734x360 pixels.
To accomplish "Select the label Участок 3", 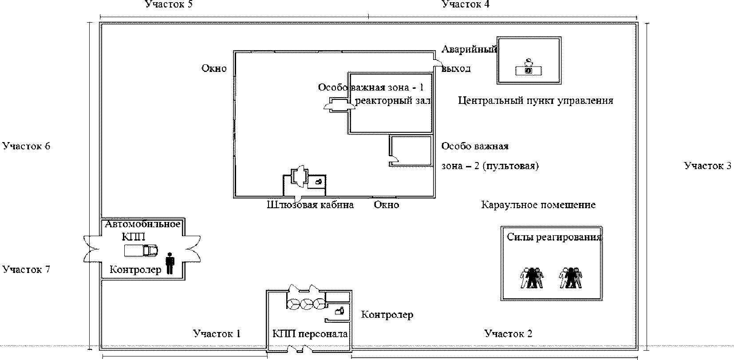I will [x=707, y=166].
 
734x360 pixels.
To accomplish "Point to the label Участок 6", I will [x=26, y=146].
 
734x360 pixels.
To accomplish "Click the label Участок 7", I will [x=26, y=269].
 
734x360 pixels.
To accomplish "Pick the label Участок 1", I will [x=217, y=333].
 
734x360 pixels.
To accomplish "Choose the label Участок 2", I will [x=508, y=333].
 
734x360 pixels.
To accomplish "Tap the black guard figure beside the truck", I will [x=170, y=264].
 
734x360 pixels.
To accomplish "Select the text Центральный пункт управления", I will [x=536, y=101].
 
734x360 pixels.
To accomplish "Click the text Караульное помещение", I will [x=538, y=205].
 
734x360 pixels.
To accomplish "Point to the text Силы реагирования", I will [x=554, y=237].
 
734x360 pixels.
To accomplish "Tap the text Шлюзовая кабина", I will [x=310, y=205].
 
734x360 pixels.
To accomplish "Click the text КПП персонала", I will [x=310, y=334].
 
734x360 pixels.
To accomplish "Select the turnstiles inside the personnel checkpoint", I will [x=306, y=304].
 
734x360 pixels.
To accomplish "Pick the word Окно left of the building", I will [x=214, y=68].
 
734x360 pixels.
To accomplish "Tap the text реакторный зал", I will [x=393, y=101].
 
